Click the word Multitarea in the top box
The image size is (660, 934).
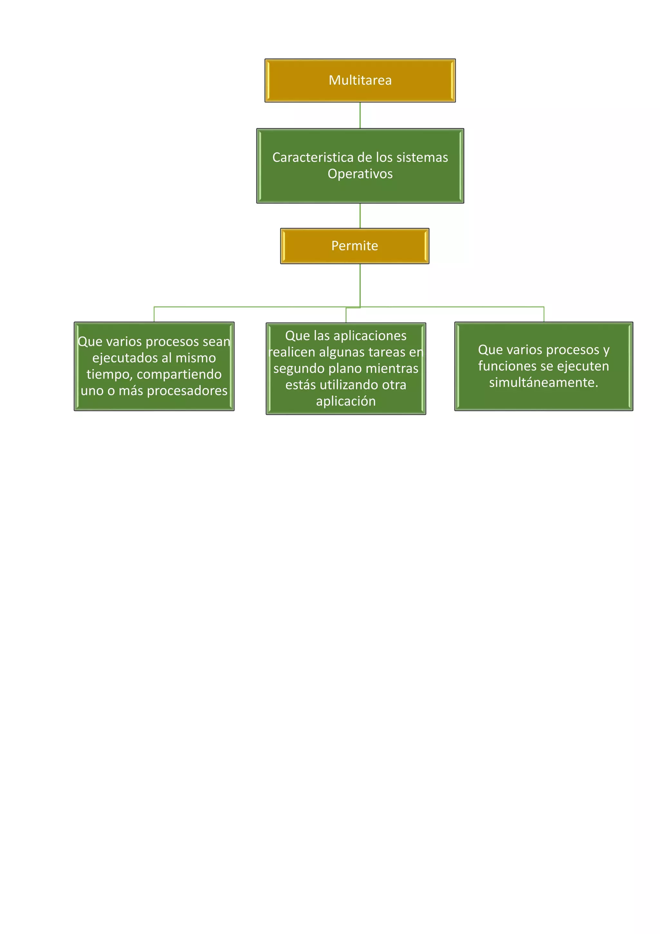[360, 80]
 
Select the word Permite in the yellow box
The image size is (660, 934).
[354, 246]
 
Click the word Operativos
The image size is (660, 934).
[360, 174]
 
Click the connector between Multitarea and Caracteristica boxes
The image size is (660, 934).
[360, 115]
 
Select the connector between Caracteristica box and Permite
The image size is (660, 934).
[360, 216]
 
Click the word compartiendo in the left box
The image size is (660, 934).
[179, 374]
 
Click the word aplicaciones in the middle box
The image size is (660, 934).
[369, 336]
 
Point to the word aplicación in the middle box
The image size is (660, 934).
[346, 401]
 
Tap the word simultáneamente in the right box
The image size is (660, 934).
[543, 382]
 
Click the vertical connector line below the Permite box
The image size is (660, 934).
[360, 285]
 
